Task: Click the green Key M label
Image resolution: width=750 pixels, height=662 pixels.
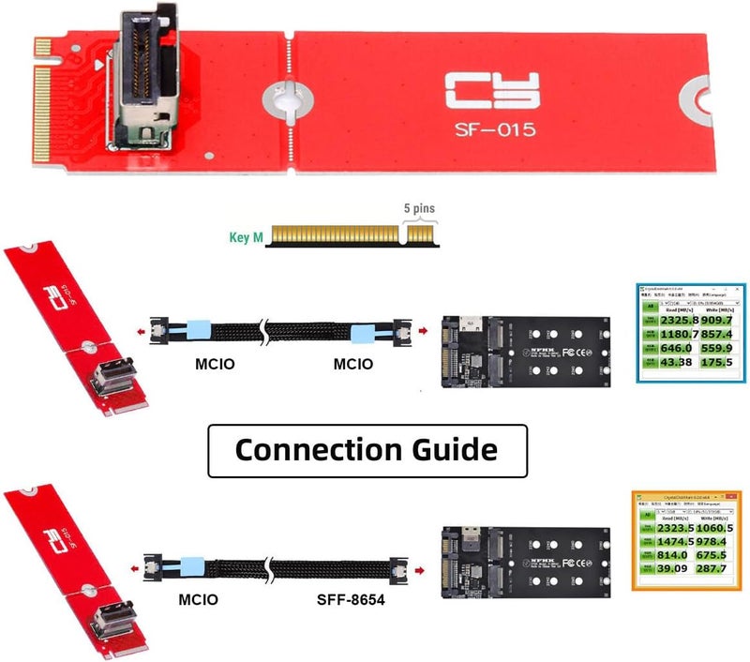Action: (246, 237)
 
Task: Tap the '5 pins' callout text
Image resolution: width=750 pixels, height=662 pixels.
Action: (418, 208)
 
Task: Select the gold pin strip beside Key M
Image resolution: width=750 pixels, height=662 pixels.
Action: (352, 235)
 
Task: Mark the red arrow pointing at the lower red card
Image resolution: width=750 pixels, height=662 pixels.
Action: (139, 568)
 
